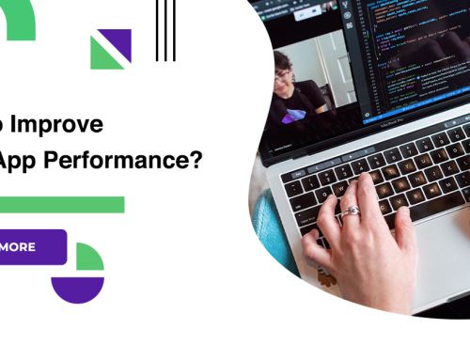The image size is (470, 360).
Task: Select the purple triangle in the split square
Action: [119, 42]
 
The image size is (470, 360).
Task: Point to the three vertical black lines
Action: [165, 30]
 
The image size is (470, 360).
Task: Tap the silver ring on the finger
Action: [350, 211]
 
